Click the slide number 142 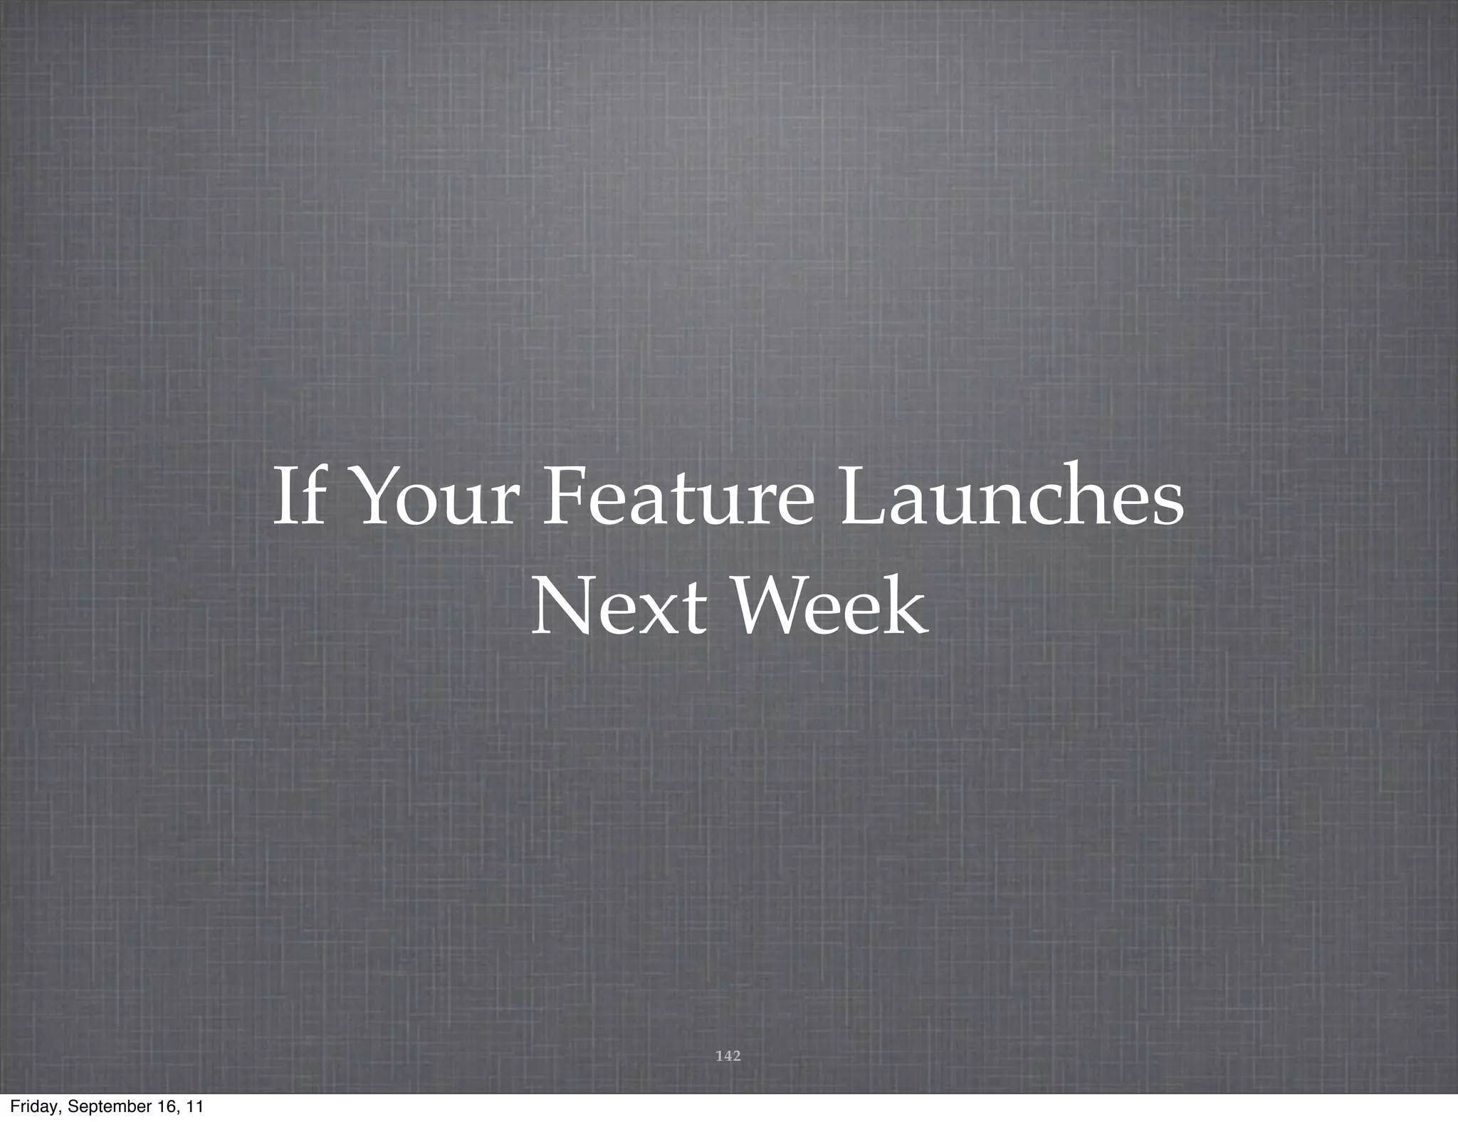728,1055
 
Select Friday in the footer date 33,1107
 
